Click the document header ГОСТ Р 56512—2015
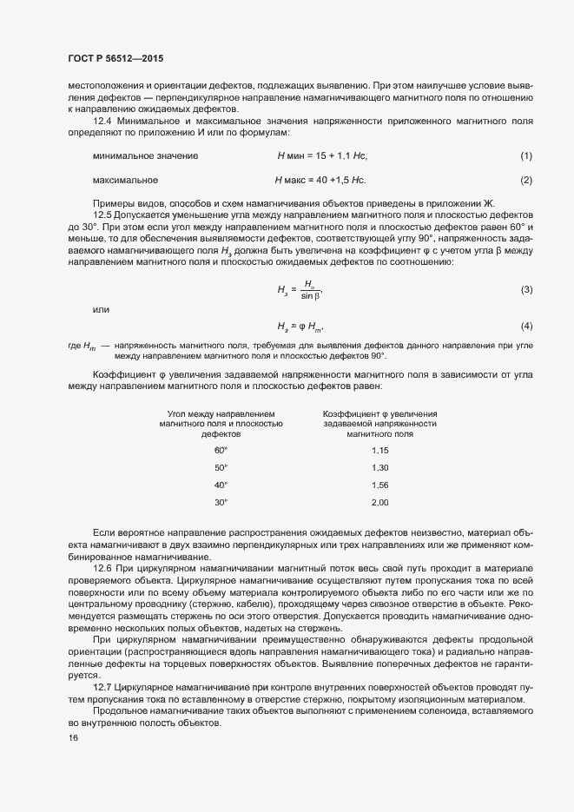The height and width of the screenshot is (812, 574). [115, 58]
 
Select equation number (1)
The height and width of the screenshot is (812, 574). [525, 155]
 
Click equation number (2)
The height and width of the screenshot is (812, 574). [525, 180]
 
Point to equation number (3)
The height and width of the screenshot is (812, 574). [525, 288]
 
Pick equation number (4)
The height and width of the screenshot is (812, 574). [525, 326]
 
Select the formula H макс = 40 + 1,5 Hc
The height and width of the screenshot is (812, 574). [320, 180]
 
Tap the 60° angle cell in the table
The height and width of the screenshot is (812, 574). [221, 450]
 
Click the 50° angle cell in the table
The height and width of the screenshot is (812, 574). [221, 467]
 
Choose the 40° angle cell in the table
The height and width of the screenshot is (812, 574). [221, 485]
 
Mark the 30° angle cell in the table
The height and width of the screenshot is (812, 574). [221, 502]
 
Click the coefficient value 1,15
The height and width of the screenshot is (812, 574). [379, 450]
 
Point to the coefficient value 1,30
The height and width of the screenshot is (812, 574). [379, 467]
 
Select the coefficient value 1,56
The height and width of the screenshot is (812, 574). [379, 485]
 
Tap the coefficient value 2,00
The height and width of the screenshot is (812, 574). [379, 502]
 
